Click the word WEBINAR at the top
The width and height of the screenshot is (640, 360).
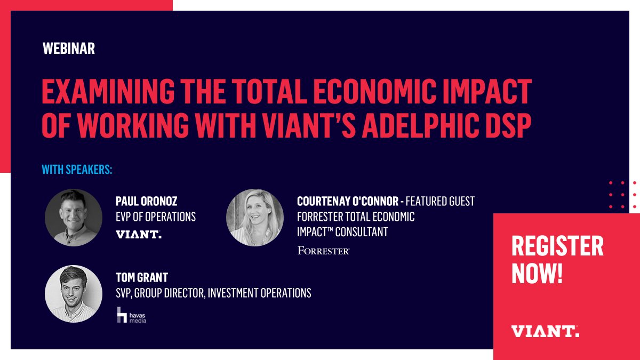[x=68, y=49]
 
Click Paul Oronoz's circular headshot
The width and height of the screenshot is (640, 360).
[x=74, y=218]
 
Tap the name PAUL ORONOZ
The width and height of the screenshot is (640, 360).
[x=146, y=201]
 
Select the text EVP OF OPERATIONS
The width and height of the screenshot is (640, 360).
[x=156, y=217]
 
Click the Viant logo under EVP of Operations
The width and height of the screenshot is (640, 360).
[x=138, y=234]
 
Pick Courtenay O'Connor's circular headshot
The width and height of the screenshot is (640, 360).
[x=254, y=217]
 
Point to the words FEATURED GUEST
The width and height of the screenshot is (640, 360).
[x=441, y=201]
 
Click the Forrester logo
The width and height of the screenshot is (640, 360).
[x=323, y=250]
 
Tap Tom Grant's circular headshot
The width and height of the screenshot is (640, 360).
[x=74, y=293]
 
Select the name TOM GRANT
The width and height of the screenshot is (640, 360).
[x=141, y=277]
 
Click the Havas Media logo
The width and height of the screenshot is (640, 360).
[x=131, y=315]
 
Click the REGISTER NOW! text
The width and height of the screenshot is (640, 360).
[x=557, y=259]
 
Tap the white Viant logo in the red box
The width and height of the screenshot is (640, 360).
[x=545, y=331]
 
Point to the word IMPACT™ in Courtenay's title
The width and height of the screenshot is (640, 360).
[x=314, y=232]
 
